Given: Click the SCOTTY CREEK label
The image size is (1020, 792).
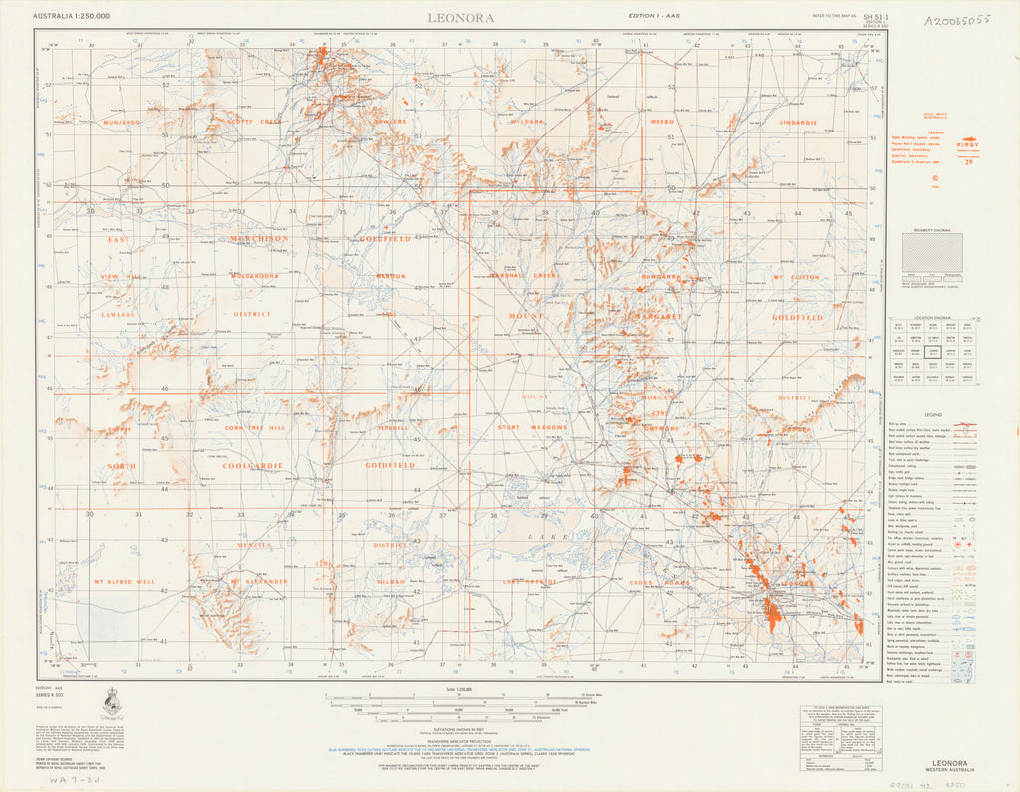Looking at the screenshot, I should (255, 122).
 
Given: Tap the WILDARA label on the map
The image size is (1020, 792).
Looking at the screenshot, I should (527, 122).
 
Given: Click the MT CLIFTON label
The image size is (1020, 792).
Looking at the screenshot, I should (797, 276).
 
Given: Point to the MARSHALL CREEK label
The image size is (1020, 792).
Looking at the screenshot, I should (529, 276).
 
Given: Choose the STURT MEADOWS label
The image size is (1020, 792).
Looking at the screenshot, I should (532, 427).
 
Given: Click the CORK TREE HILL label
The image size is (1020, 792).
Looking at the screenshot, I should (255, 427).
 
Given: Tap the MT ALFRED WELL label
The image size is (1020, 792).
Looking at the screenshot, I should (125, 580).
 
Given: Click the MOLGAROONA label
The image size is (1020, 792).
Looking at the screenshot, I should (255, 276).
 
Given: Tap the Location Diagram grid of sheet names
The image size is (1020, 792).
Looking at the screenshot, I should (933, 351).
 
